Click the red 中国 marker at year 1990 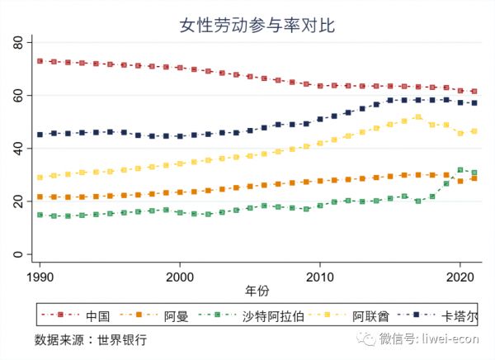40,61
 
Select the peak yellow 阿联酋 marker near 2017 418,117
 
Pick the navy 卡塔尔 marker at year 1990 40,134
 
